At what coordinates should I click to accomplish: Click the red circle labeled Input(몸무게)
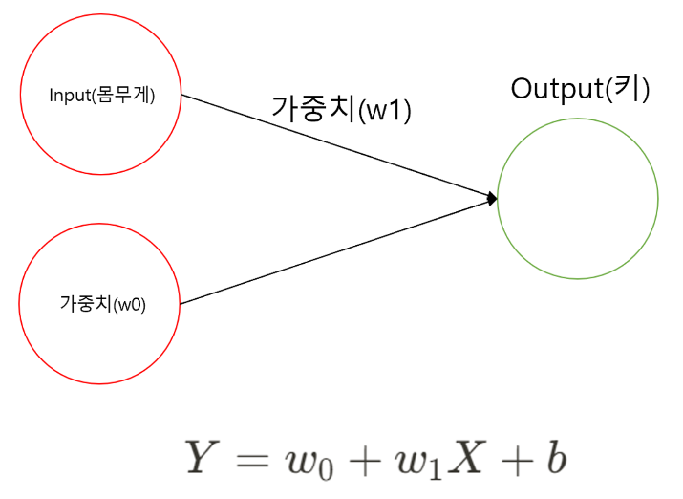pyautogui.click(x=100, y=57)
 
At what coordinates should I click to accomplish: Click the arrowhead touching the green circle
pyautogui.click(x=492, y=198)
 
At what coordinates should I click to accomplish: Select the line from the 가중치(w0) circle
pyautogui.click(x=334, y=251)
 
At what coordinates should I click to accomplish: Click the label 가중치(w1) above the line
pyautogui.click(x=341, y=109)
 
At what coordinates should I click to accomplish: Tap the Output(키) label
pyautogui.click(x=580, y=90)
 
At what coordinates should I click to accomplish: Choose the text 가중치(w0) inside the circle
pyautogui.click(x=100, y=305)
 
